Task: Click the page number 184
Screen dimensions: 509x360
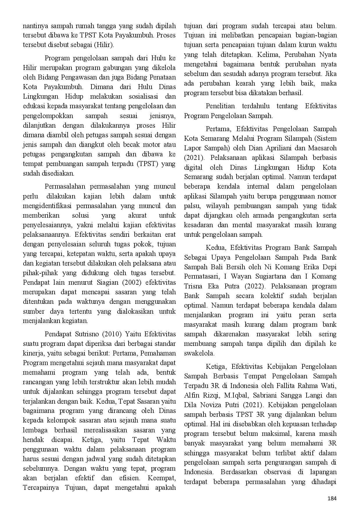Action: (x=332, y=499)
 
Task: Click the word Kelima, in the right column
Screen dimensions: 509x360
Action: (x=268, y=55)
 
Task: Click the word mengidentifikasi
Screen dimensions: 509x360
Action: (x=48, y=206)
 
